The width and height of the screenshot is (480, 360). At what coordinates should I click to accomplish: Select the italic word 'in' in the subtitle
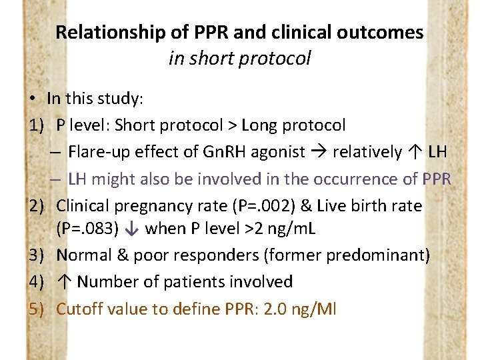pyautogui.click(x=176, y=59)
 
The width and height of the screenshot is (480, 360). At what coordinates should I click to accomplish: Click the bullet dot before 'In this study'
pyautogui.click(x=32, y=99)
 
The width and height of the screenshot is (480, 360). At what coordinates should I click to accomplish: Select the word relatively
pyautogui.click(x=367, y=152)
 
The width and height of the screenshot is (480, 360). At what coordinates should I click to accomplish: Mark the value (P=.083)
pyautogui.click(x=87, y=229)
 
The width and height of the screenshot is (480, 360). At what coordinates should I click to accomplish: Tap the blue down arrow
pyautogui.click(x=131, y=229)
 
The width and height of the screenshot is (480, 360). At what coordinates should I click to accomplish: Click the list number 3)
pyautogui.click(x=37, y=255)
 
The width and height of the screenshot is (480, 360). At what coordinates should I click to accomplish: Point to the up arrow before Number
pyautogui.click(x=64, y=282)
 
